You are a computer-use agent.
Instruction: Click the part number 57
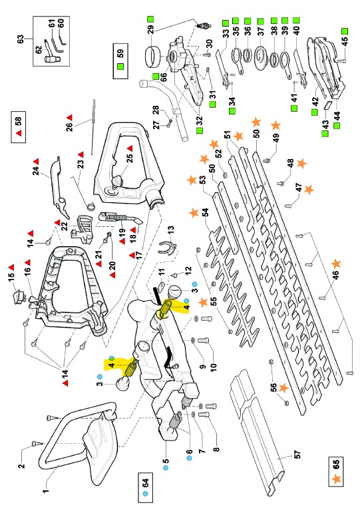(x=297, y=454)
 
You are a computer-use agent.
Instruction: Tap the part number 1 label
(x=45, y=490)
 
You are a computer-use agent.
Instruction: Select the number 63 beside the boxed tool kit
(x=20, y=39)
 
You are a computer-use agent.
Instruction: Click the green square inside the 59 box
(x=120, y=67)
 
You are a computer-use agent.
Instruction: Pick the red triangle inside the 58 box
(x=19, y=133)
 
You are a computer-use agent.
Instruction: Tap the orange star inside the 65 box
(x=336, y=479)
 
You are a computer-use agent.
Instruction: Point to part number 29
(x=150, y=29)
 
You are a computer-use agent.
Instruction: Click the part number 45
(x=345, y=41)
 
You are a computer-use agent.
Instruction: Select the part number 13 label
(x=170, y=230)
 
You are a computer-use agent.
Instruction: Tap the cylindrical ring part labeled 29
(x=152, y=55)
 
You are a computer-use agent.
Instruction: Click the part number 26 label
(x=69, y=127)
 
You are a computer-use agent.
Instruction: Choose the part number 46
(x=336, y=275)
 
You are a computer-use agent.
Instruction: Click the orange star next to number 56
(x=283, y=388)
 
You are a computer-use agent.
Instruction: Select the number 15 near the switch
(x=11, y=276)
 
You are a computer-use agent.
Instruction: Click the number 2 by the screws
(x=21, y=465)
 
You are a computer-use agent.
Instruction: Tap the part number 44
(x=337, y=116)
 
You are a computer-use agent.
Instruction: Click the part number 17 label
(x=138, y=255)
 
